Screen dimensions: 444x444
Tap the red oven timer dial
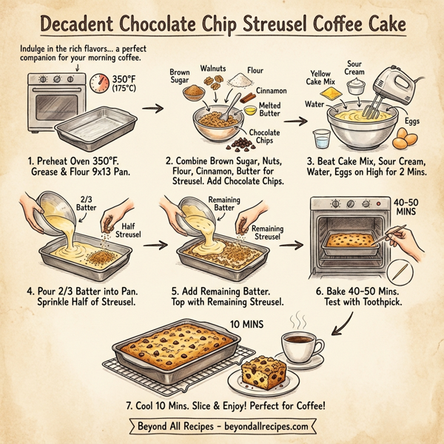tap(100, 84)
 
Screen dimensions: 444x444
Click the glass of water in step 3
tap(320, 141)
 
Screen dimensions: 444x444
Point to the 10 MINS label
tap(248, 324)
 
